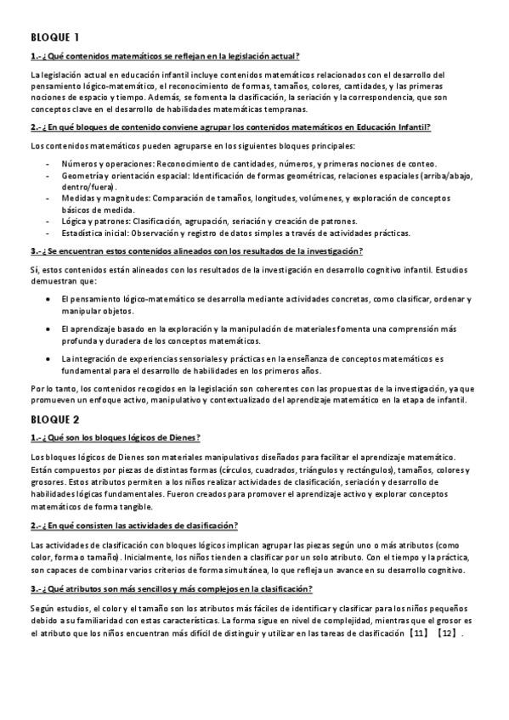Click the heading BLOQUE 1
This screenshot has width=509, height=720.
(55, 37)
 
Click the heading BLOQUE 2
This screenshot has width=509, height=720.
(55, 419)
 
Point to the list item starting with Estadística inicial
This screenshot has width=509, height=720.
(235, 233)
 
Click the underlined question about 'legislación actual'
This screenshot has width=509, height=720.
(165, 56)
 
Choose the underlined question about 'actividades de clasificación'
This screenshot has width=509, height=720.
(134, 526)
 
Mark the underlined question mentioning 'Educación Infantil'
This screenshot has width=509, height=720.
(230, 127)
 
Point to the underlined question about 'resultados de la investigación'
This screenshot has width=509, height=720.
(196, 250)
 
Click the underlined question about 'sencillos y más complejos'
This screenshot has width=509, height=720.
(171, 589)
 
